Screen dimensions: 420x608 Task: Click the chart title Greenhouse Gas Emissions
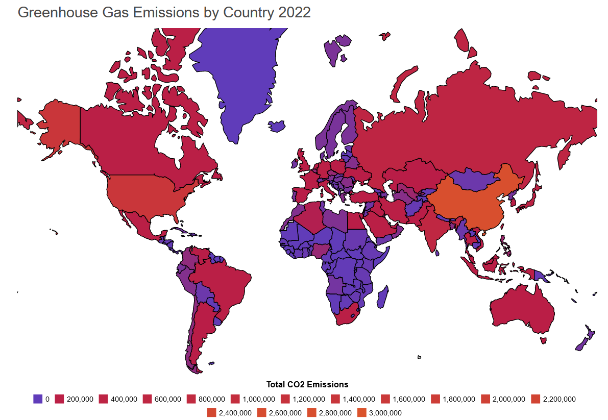tap(164, 13)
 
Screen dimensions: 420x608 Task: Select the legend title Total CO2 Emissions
tap(307, 384)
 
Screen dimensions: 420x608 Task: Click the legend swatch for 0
tap(37, 399)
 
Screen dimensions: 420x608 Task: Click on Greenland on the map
tap(240, 77)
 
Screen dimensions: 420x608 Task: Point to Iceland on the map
tap(277, 126)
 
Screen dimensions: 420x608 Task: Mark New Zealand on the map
tap(585, 339)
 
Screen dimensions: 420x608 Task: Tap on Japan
tap(531, 196)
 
